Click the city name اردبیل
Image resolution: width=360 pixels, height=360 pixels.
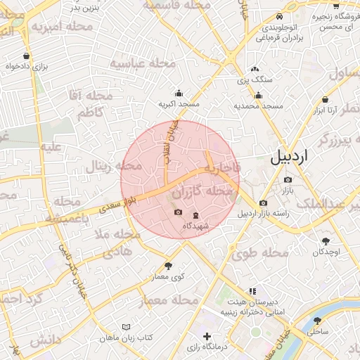pos(289,158)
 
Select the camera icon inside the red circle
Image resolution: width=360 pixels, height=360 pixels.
pos(178,212)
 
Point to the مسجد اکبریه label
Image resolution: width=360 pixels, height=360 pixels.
pos(179,104)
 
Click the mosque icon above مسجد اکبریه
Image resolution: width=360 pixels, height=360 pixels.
pos(179,93)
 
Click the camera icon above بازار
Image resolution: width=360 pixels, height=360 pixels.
pos(287,179)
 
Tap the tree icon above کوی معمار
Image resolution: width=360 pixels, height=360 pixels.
pos(168,265)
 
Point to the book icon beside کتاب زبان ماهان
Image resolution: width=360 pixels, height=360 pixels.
pos(127,327)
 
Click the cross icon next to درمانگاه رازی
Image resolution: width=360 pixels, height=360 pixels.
pos(206,336)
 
